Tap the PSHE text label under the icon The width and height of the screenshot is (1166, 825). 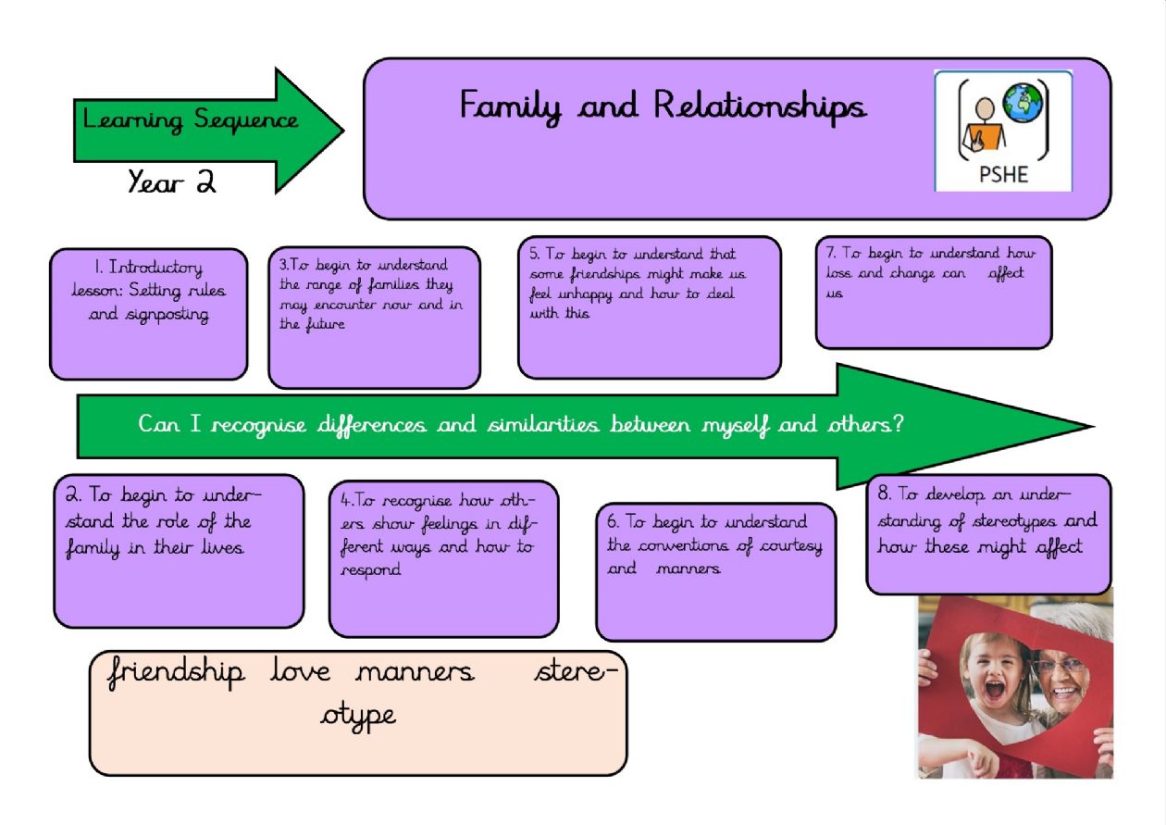tap(1003, 174)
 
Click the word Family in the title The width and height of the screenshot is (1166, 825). tap(511, 106)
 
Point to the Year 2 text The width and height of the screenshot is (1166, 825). tap(172, 182)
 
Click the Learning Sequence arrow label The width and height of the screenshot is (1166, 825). tap(191, 120)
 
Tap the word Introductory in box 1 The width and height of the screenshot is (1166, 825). tap(155, 269)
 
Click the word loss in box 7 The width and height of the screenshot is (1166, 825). tap(838, 274)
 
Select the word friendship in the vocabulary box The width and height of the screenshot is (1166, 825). tap(176, 671)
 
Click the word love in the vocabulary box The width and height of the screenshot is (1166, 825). tap(300, 671)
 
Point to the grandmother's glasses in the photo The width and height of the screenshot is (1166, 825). tap(1061, 666)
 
